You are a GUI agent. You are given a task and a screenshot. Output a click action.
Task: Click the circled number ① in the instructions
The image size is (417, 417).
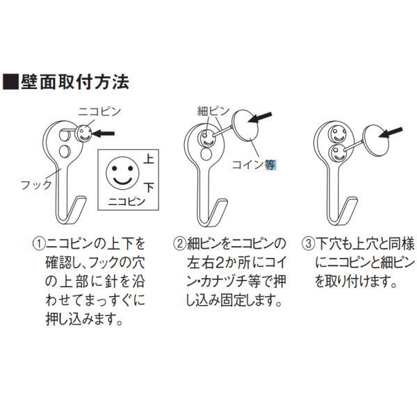tap(38, 245)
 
